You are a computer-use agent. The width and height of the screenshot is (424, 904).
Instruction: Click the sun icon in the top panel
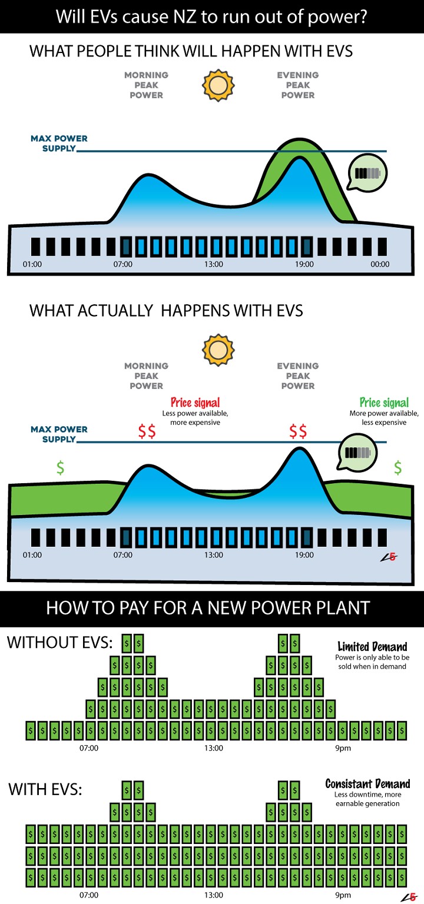218,85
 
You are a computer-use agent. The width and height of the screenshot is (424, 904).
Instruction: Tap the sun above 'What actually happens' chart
218,350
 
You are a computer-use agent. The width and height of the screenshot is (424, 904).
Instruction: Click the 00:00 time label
380,264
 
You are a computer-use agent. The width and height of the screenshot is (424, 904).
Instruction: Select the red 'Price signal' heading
195,403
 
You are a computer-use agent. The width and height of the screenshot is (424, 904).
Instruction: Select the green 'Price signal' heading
384,403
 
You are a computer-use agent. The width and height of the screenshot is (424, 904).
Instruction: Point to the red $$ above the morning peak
147,432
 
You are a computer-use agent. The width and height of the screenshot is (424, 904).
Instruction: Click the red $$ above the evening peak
298,432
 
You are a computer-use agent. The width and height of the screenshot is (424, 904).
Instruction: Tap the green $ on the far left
60,468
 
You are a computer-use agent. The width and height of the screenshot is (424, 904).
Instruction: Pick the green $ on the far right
398,468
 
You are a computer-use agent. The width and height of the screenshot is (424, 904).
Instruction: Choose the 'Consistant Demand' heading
367,784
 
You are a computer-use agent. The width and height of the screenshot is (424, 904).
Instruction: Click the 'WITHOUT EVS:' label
59,643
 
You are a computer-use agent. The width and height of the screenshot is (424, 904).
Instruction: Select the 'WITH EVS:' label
45,789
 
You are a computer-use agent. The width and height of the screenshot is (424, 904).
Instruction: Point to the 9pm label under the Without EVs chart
343,748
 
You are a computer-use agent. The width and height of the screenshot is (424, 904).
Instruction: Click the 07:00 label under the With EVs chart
89,895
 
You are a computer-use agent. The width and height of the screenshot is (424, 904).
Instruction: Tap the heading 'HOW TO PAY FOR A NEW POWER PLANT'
208,608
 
